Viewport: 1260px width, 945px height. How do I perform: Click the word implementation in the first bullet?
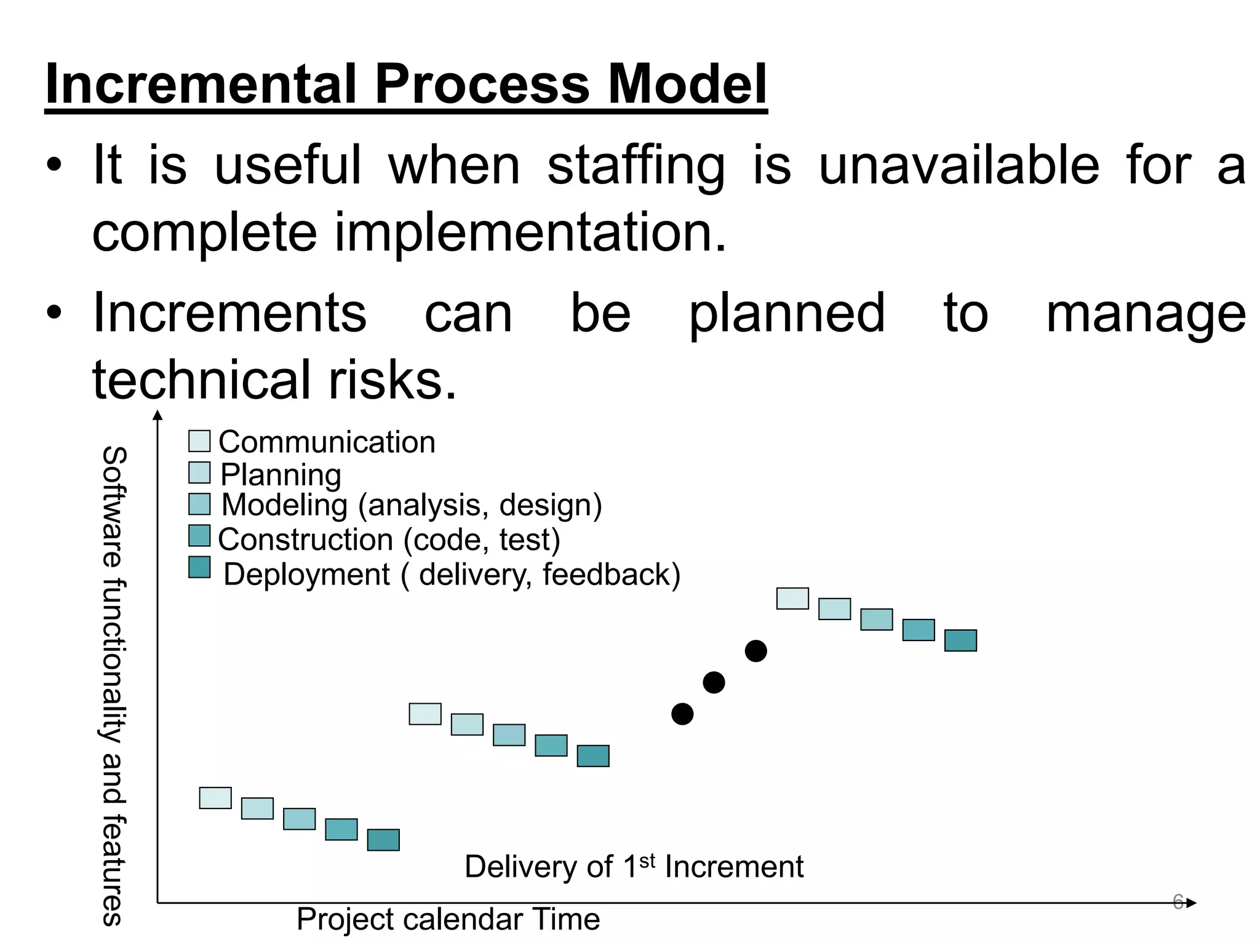(530, 233)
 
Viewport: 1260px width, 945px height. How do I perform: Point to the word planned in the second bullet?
(787, 314)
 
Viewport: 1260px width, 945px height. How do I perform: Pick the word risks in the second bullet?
(393, 380)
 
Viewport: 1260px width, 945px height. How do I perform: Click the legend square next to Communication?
(199, 441)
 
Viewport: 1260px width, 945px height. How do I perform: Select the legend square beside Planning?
(199, 472)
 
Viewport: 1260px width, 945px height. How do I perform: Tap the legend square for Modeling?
(199, 504)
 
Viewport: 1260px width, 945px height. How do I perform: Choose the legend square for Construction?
(199, 535)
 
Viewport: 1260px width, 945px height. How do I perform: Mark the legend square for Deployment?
(199, 567)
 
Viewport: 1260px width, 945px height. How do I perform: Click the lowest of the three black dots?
(682, 714)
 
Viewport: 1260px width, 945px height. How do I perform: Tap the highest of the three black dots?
(756, 651)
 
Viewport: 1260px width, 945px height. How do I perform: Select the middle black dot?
(714, 682)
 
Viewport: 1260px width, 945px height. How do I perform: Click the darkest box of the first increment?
(383, 840)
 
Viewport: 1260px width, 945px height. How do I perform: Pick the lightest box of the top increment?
(792, 599)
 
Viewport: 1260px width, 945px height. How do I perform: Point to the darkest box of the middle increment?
(593, 756)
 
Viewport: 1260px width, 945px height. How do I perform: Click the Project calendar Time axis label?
(448, 920)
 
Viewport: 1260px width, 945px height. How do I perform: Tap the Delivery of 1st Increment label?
(634, 867)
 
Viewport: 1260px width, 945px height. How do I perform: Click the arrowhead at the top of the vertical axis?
(158, 415)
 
